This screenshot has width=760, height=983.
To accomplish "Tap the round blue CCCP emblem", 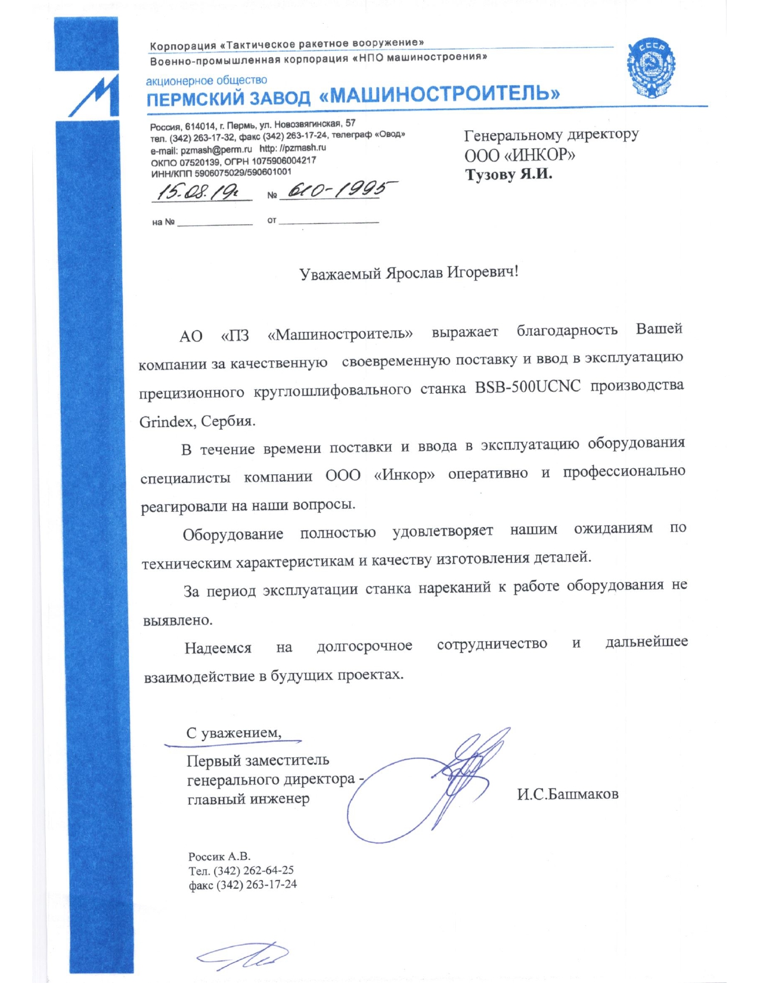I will [651, 69].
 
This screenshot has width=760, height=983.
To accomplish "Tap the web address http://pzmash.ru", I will [293, 148].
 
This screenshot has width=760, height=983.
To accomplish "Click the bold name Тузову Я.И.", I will [508, 175].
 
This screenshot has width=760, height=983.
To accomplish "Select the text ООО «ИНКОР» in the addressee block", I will [520, 155].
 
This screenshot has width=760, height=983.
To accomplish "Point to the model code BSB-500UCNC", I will [528, 387].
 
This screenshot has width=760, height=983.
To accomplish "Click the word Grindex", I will [166, 422].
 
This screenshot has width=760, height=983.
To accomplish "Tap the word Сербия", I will [228, 421].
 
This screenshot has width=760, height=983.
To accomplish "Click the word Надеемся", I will [218, 648].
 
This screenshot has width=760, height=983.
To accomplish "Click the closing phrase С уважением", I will [234, 733].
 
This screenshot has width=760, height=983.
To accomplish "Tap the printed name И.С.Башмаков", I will [567, 794].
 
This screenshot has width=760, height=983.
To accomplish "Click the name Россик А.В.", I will [219, 857].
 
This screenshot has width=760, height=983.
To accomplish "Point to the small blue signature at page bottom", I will [244, 955].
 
